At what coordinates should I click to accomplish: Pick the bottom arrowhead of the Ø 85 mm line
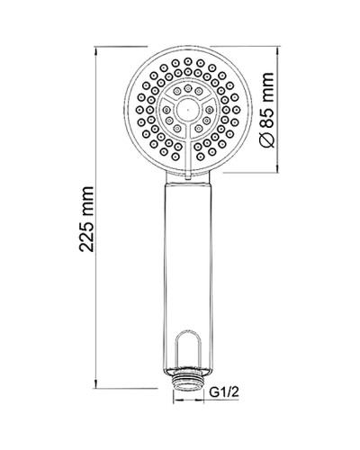[283, 166]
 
